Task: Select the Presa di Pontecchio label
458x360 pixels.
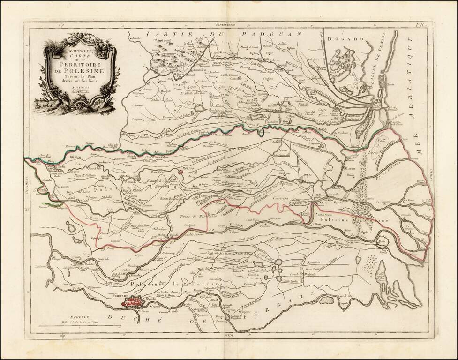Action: [x=197, y=217]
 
